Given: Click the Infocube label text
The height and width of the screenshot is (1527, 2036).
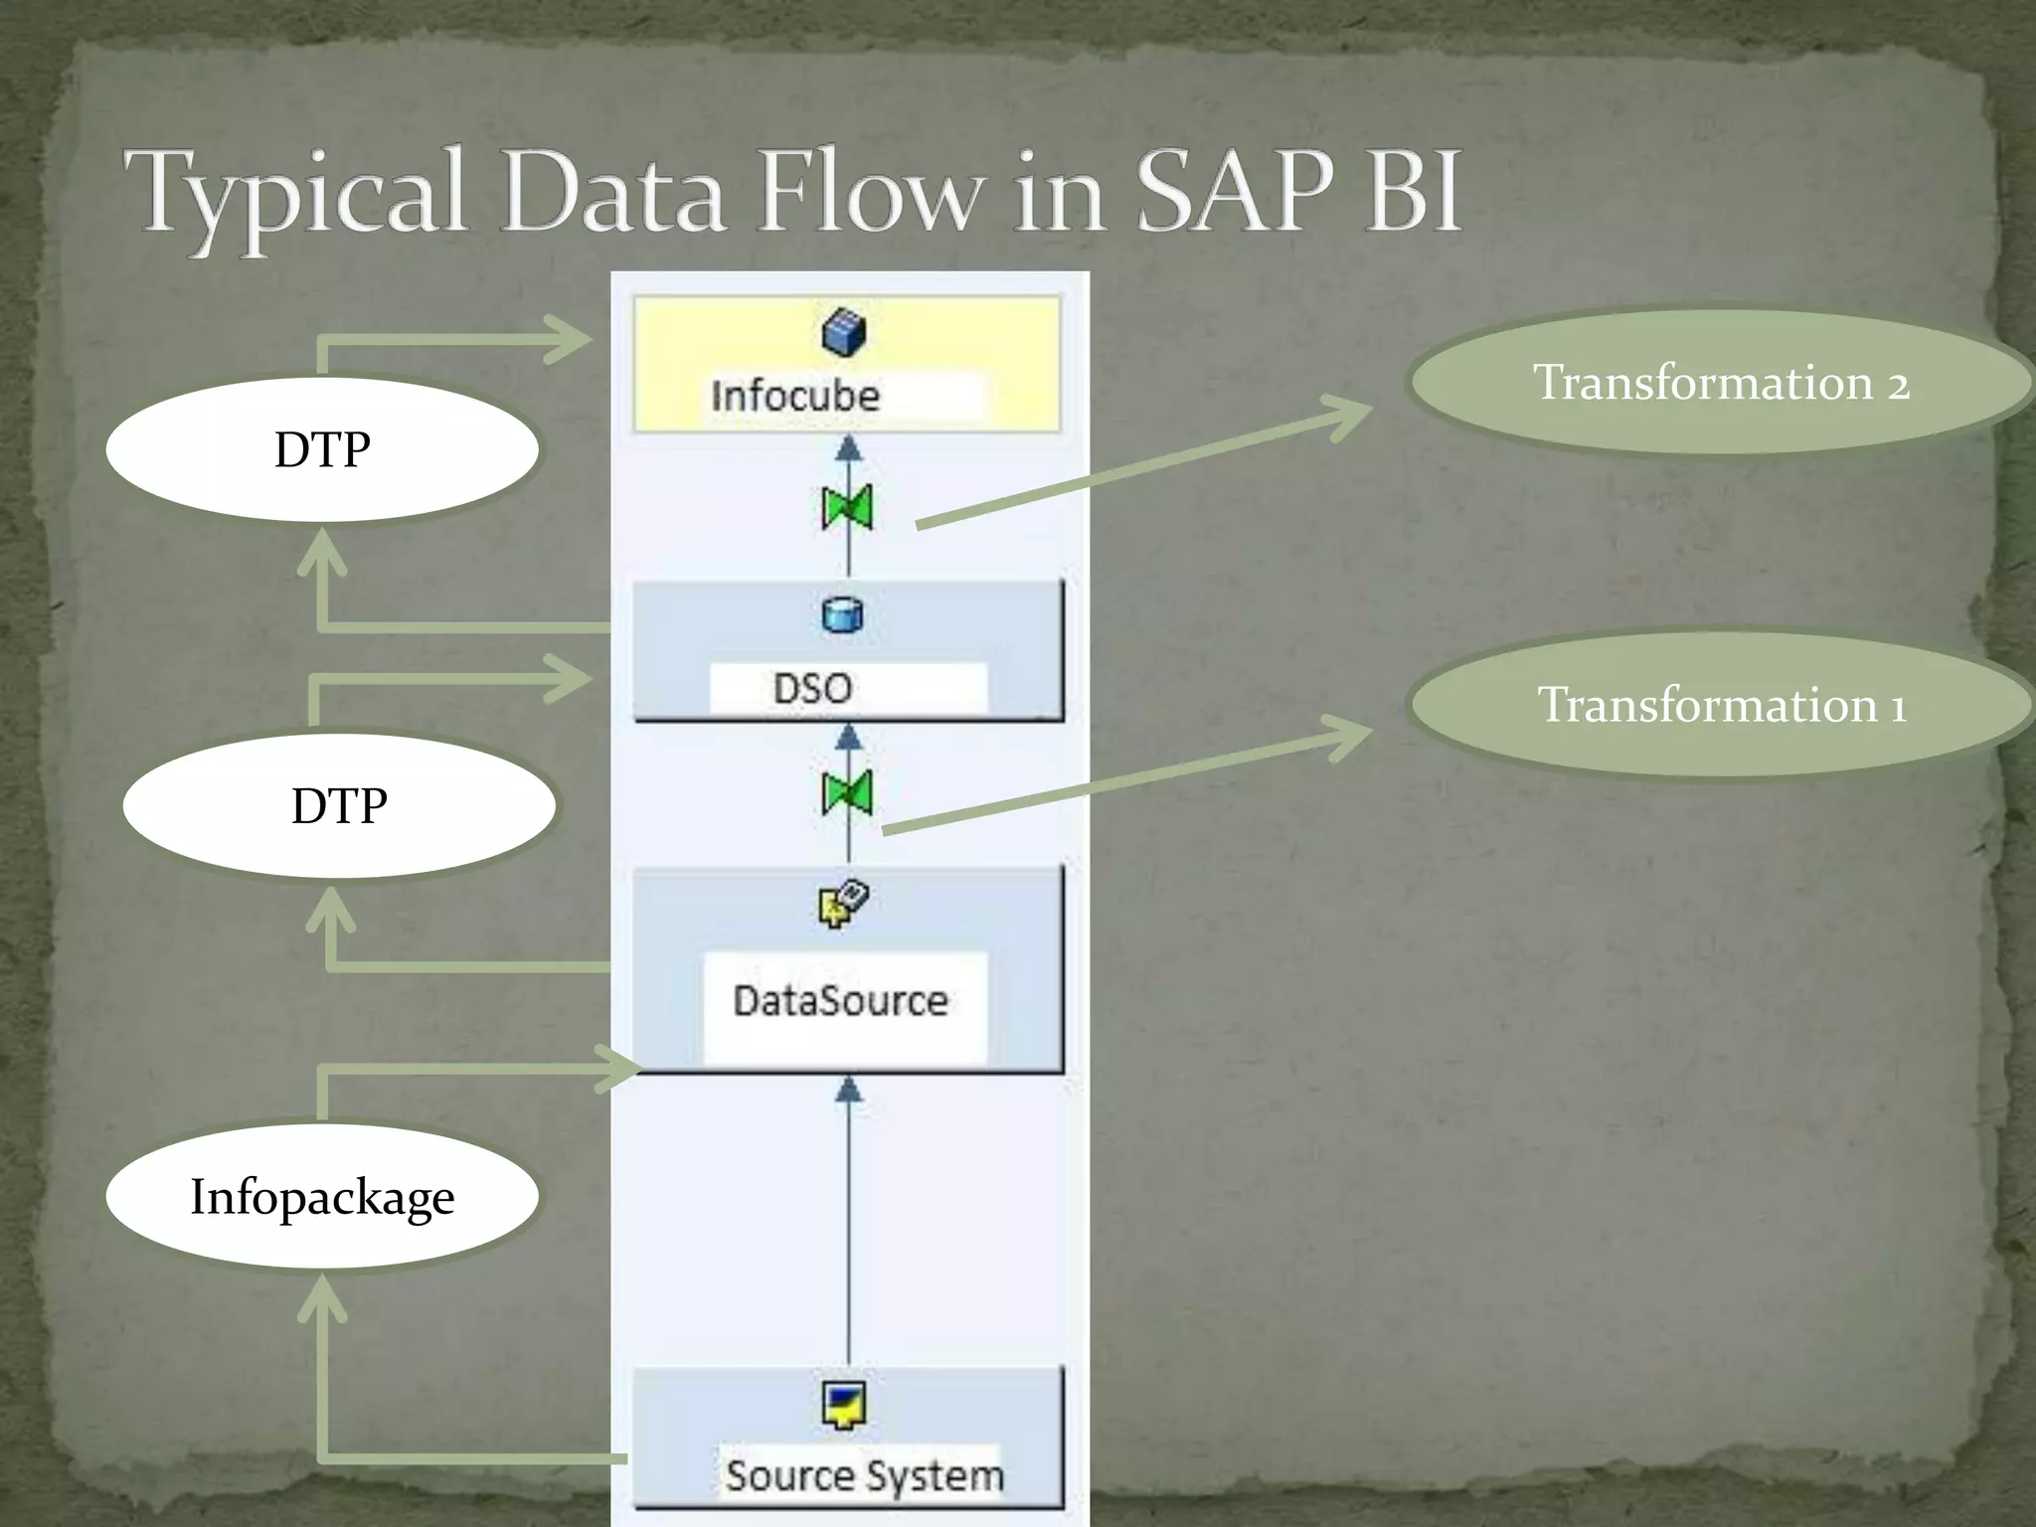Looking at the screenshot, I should tap(795, 396).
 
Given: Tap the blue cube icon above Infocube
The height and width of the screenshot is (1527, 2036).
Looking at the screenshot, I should tap(844, 332).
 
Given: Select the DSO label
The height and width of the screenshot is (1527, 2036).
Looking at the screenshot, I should tap(812, 688).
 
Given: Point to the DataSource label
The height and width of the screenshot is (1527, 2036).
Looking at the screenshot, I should tap(840, 1000).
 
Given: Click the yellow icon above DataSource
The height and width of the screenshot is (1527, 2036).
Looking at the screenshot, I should tap(843, 904).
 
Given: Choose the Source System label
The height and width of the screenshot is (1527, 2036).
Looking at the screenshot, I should tap(863, 1475).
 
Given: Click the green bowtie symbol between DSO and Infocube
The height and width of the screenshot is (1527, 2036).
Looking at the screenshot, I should tap(848, 508).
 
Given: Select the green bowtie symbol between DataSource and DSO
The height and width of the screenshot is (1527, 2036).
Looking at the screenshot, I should tap(848, 793).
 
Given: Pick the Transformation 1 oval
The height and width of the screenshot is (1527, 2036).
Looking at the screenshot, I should tap(1720, 705).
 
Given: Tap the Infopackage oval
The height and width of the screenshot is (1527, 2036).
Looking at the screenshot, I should tap(322, 1196).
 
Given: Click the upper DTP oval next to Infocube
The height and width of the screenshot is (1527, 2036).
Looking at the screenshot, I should tap(322, 449).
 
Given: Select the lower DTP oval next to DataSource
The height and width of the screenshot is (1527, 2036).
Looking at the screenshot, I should tap(339, 805).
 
